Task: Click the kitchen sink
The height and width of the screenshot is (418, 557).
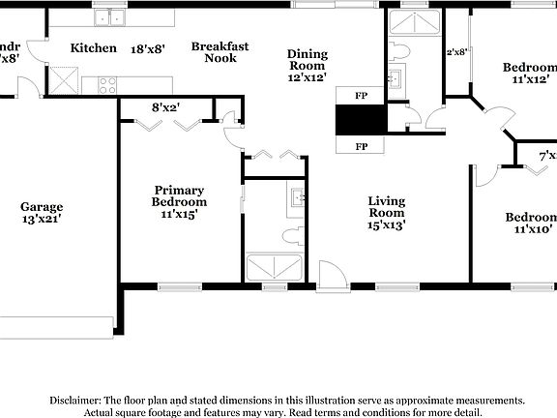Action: [111, 16]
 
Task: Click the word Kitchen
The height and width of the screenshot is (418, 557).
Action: [94, 47]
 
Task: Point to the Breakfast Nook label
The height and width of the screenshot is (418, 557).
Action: [220, 51]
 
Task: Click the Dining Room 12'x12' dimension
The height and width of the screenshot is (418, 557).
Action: [308, 77]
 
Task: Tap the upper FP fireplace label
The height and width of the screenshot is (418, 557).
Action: [361, 97]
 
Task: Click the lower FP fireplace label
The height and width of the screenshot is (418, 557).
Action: [361, 146]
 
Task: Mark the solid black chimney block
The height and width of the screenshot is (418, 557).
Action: [361, 121]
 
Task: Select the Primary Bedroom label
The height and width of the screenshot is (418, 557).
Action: [179, 195]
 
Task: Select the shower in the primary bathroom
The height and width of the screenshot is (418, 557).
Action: [277, 265]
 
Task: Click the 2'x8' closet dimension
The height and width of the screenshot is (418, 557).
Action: [456, 52]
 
